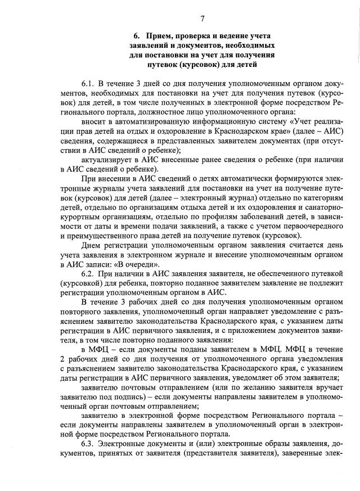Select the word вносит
[x=93, y=121]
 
